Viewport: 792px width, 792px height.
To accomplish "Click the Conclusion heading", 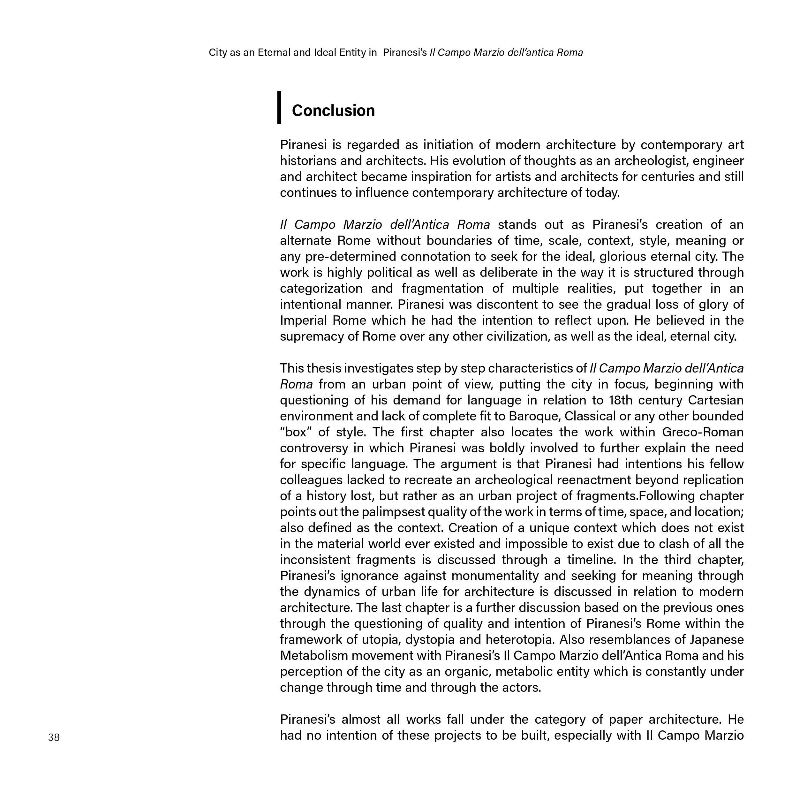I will (x=333, y=111).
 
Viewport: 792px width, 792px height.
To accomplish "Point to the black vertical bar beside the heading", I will (x=279, y=107).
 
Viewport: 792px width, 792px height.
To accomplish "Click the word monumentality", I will (x=495, y=576).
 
